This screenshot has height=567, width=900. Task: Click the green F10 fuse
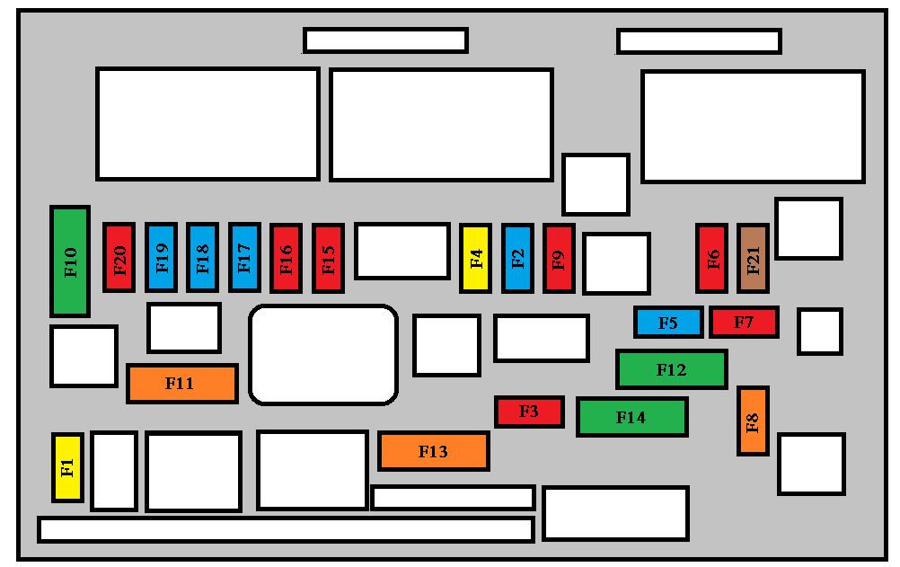click(70, 261)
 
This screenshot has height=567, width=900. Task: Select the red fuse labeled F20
click(119, 258)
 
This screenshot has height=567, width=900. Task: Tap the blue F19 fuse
click(162, 258)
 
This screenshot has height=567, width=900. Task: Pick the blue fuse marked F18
click(203, 258)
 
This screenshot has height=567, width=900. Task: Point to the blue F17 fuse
click(244, 258)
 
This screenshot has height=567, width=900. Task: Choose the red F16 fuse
click(287, 259)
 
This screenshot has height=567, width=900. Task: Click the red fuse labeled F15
click(329, 259)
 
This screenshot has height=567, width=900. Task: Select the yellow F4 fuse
click(476, 259)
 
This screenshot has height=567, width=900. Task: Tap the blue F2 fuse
click(517, 259)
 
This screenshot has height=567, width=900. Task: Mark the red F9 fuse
click(559, 259)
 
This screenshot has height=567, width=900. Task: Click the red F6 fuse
click(711, 259)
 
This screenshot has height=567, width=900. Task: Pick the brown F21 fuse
click(753, 259)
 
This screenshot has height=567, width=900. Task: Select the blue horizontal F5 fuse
click(668, 323)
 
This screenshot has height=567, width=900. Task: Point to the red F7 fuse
click(744, 323)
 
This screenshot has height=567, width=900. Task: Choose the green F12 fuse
click(672, 369)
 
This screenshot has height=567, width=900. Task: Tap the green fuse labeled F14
click(632, 417)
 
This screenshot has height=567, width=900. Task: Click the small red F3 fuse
click(529, 412)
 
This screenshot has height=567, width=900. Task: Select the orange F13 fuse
click(433, 451)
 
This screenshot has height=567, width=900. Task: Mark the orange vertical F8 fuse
click(753, 421)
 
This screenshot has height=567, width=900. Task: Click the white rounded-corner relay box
click(323, 355)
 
